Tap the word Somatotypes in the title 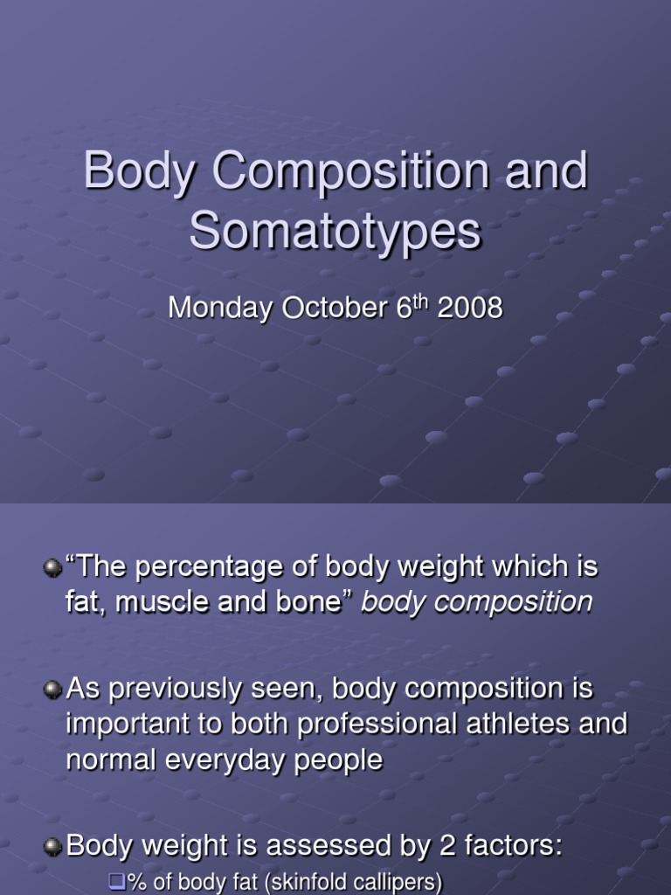[335, 232]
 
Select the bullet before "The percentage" [54, 568]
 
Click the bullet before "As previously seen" [54, 690]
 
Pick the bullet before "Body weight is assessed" [54, 846]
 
